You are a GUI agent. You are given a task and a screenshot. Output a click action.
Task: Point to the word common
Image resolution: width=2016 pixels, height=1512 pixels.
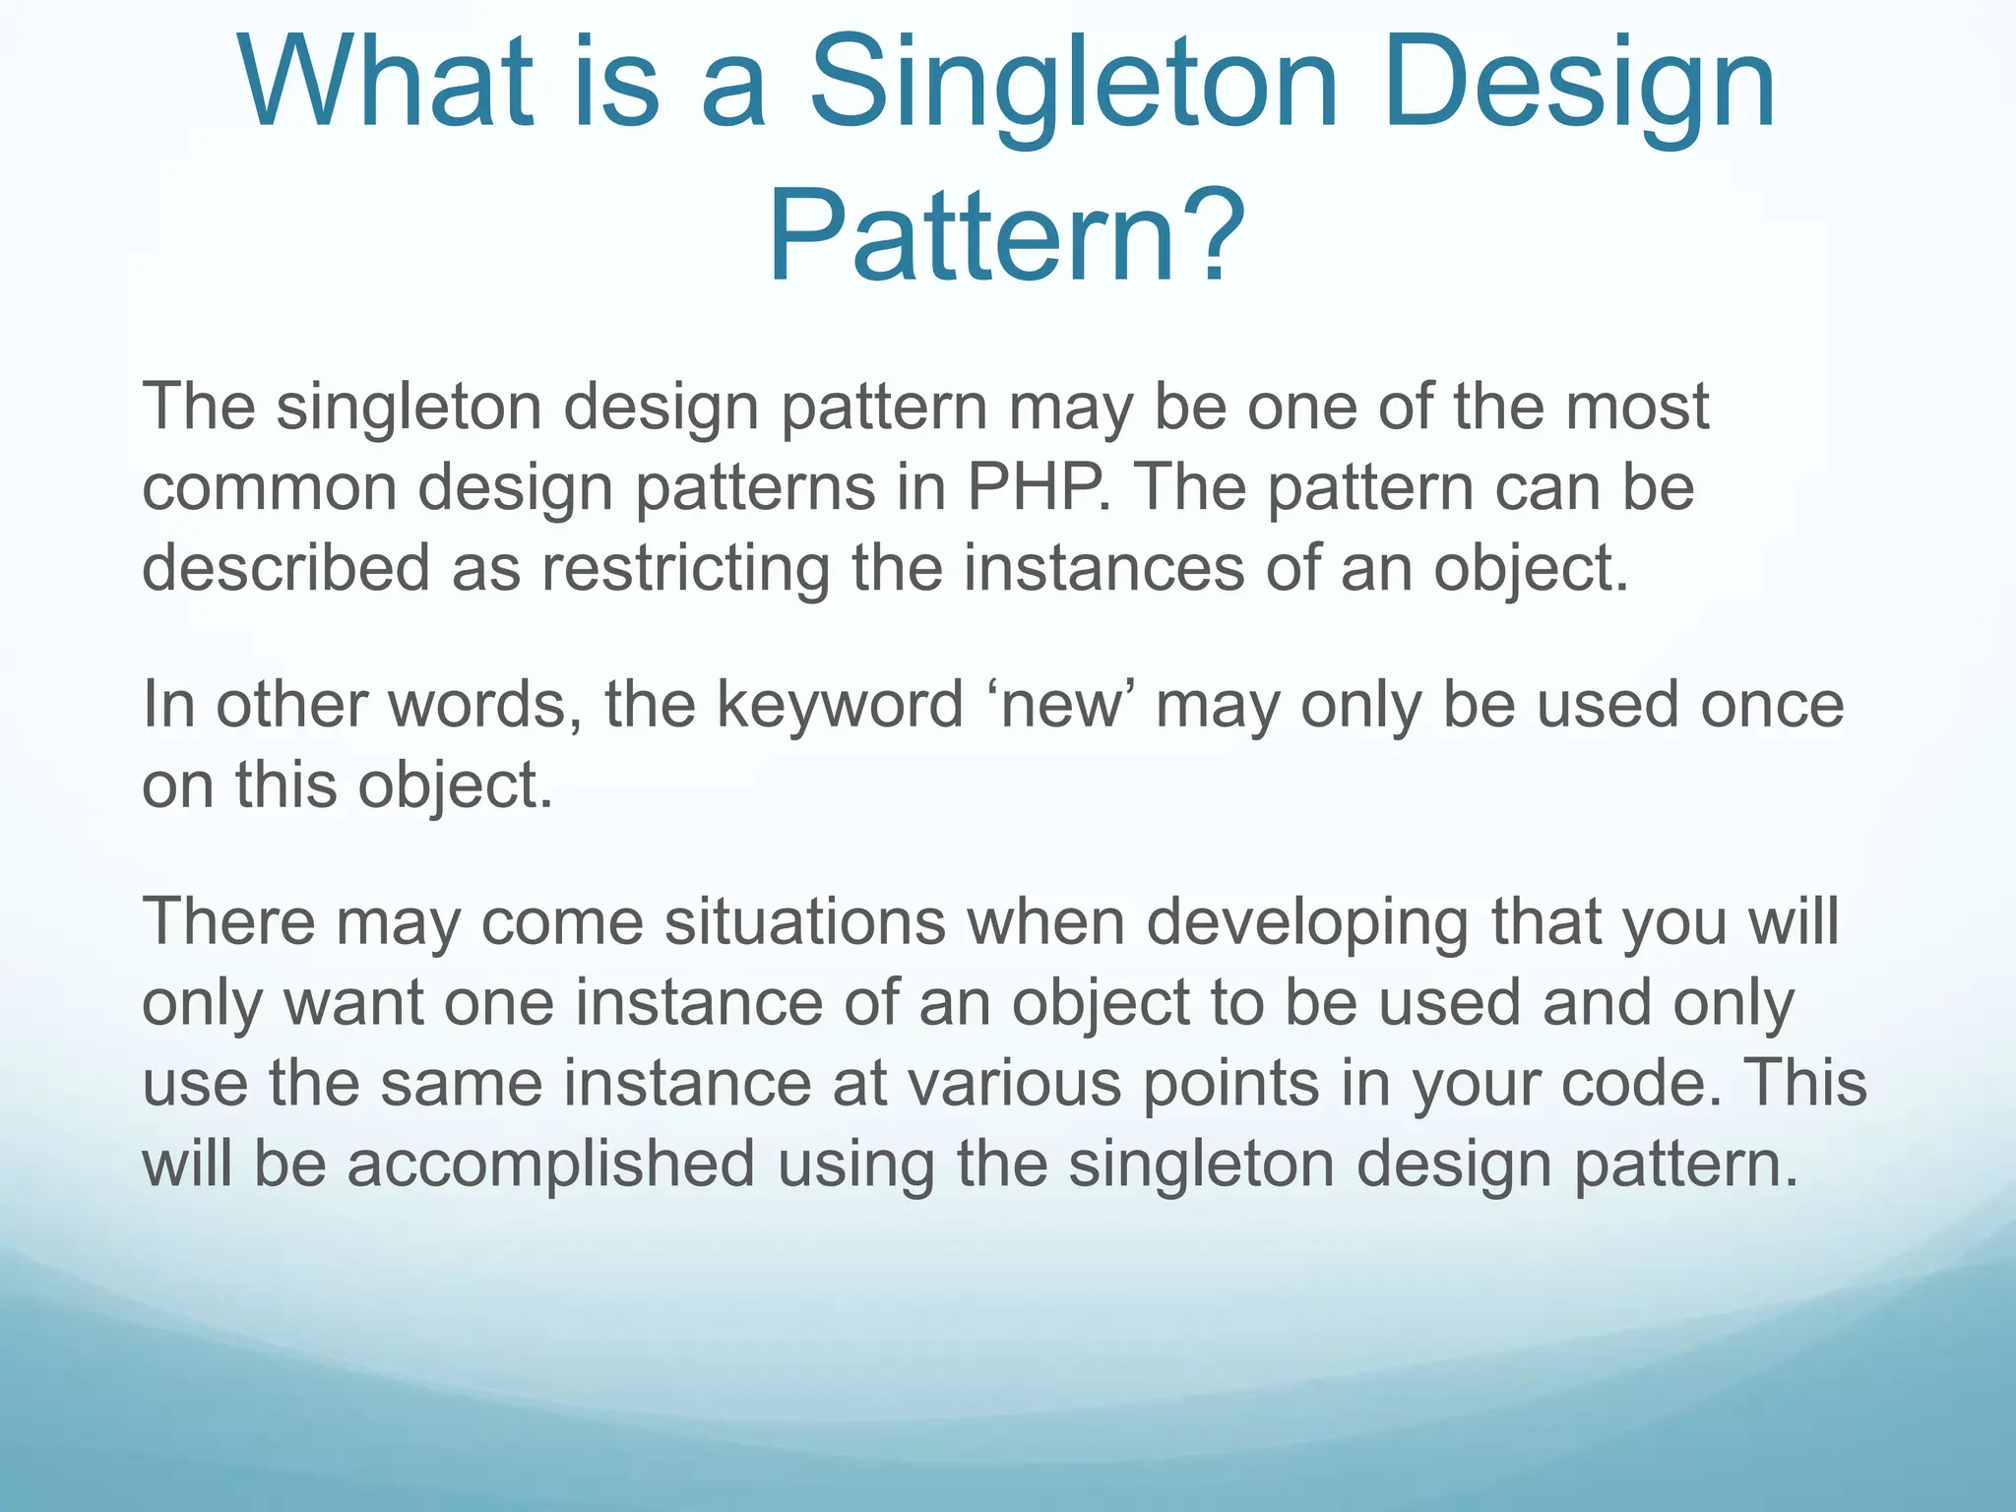pyautogui.click(x=269, y=488)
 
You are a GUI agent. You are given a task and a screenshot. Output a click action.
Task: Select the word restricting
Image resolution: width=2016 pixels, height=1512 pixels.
pyautogui.click(x=685, y=569)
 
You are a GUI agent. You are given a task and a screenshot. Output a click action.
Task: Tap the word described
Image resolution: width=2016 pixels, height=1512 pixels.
pyautogui.click(x=285, y=568)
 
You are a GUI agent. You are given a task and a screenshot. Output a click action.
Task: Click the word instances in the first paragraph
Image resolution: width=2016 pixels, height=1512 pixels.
pyautogui.click(x=1103, y=568)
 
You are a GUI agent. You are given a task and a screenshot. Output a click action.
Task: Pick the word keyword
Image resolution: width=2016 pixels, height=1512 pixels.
pyautogui.click(x=839, y=706)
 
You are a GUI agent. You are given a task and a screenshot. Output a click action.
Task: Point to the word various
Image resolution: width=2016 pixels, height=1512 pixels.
pyautogui.click(x=1014, y=1084)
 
